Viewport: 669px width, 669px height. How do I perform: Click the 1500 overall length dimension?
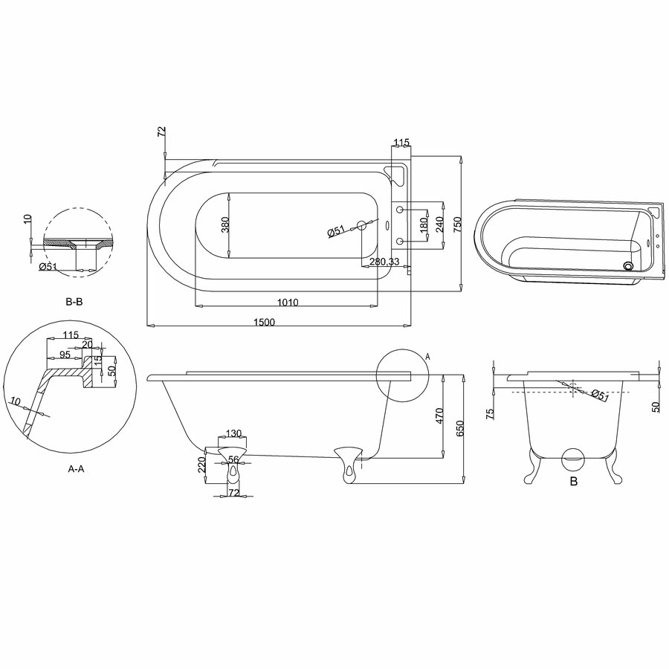point(264,322)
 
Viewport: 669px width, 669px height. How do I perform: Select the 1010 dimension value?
point(288,303)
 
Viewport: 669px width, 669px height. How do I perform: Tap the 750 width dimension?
point(457,224)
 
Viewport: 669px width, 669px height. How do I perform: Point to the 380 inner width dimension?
point(226,224)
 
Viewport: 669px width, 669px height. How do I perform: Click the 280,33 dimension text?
point(384,262)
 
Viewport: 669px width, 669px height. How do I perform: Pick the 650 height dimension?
point(459,428)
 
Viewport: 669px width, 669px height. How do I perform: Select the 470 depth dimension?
point(440,416)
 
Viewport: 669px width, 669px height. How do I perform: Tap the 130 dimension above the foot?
point(233,434)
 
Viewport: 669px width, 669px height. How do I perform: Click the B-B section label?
point(74,302)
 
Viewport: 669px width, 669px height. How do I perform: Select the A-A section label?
point(77,469)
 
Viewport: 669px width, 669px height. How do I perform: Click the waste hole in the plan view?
point(361,225)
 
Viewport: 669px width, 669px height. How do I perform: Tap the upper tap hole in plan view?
point(400,210)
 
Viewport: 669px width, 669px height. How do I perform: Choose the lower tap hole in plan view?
point(400,242)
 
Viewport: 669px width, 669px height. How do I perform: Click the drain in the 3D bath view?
point(628,266)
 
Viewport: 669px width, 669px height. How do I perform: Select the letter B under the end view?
point(574,482)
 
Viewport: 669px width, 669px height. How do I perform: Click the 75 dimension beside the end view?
point(490,413)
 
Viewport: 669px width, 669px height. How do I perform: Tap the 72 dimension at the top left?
point(161,132)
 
